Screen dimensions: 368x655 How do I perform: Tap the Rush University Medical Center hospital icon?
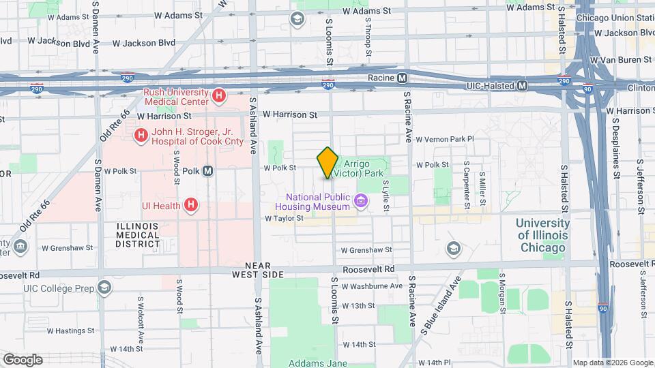coord(218,96)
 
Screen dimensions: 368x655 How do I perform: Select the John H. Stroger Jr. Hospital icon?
coord(141,136)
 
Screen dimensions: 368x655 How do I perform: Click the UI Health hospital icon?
coord(192,204)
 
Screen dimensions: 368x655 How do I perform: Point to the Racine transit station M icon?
coord(403,78)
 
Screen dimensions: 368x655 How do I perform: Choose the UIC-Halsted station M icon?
coord(523,85)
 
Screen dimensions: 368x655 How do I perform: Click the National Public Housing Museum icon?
coord(361,201)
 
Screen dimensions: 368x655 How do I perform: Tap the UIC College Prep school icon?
coord(104,287)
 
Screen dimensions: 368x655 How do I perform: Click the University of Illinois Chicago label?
coord(542,235)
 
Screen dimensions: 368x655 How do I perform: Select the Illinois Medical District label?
coord(138,235)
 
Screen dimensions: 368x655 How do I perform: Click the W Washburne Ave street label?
coord(373,286)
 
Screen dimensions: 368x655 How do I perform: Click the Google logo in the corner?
coord(22,359)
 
